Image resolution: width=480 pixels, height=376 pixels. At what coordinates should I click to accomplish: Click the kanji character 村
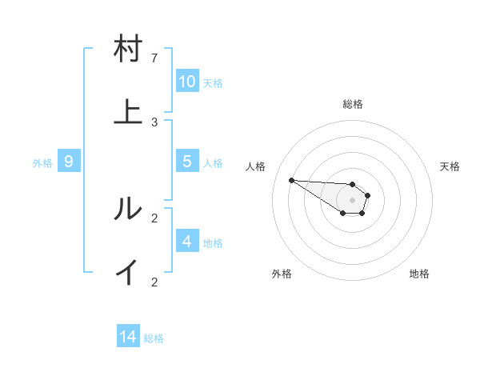pyautogui.click(x=128, y=50)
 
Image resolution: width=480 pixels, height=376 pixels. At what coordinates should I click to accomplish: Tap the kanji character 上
pyautogui.click(x=128, y=113)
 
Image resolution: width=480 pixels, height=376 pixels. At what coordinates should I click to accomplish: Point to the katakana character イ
pyautogui.click(x=128, y=273)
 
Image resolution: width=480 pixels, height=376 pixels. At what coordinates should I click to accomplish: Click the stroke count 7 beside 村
pyautogui.click(x=154, y=58)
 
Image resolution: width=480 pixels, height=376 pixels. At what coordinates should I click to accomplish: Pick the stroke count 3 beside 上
pyautogui.click(x=154, y=122)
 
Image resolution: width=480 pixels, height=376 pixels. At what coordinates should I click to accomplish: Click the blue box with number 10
pyautogui.click(x=187, y=82)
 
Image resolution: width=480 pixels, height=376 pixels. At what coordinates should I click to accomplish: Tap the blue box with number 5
pyautogui.click(x=187, y=162)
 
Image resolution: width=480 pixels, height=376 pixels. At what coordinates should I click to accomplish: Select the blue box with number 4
pyautogui.click(x=187, y=242)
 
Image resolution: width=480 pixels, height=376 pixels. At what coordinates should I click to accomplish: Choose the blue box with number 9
pyautogui.click(x=69, y=162)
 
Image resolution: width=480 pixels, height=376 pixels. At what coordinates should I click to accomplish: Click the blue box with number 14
pyautogui.click(x=128, y=338)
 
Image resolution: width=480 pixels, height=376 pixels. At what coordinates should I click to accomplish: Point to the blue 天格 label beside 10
pyautogui.click(x=213, y=83)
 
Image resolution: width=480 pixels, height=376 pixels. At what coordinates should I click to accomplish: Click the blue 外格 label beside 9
pyautogui.click(x=42, y=163)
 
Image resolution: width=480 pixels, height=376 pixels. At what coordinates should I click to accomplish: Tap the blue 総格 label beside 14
pyautogui.click(x=154, y=338)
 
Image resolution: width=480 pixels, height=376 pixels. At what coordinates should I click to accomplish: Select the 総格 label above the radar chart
pyautogui.click(x=352, y=104)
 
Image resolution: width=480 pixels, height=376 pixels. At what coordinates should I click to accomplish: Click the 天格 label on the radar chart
pyautogui.click(x=450, y=166)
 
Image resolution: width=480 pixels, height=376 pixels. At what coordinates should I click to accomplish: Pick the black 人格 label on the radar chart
pyautogui.click(x=256, y=166)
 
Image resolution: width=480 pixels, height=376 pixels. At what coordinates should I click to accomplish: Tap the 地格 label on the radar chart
pyautogui.click(x=419, y=274)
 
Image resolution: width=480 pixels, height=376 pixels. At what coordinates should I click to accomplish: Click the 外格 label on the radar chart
pyautogui.click(x=282, y=274)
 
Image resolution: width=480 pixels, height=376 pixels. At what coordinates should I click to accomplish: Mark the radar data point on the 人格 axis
pyautogui.click(x=291, y=180)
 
